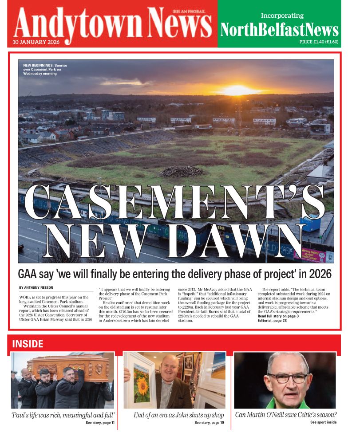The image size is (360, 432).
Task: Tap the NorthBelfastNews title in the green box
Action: pos(279,30)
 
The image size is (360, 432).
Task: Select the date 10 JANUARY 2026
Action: pos(34,43)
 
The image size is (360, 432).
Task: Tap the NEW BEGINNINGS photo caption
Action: pos(45,69)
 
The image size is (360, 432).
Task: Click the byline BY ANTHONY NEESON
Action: pos(36,288)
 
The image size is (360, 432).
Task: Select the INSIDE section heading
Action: pos(28,344)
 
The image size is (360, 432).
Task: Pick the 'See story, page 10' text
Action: pos(209,423)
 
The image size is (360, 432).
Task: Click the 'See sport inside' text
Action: pos(323,422)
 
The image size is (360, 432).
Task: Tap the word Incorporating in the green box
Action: pos(282,16)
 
